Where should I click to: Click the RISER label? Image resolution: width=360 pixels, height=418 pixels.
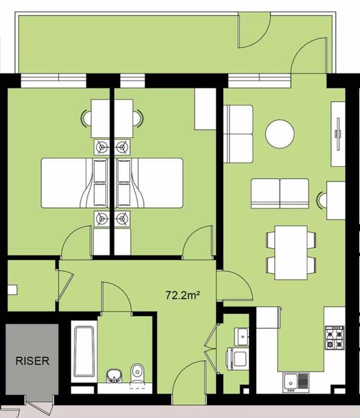[x=32, y=361]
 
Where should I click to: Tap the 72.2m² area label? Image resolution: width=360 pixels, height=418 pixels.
[x=183, y=295]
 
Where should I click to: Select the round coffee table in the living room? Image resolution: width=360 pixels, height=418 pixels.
[x=280, y=133]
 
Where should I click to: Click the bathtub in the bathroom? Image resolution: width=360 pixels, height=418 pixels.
[x=84, y=352]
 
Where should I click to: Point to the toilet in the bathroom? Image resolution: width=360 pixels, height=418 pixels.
[x=138, y=373]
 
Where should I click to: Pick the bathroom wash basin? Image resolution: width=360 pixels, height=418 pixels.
[x=115, y=376]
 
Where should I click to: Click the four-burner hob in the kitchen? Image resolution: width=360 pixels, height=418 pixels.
[x=334, y=337]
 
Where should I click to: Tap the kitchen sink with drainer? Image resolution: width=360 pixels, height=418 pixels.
[x=296, y=382]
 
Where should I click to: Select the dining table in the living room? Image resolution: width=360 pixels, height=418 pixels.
[x=291, y=253]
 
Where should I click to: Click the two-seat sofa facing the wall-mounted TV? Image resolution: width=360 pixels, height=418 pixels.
[x=280, y=194]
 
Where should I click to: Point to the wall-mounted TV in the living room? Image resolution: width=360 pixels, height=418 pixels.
[x=338, y=134]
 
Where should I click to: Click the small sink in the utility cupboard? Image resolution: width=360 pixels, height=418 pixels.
[x=242, y=336]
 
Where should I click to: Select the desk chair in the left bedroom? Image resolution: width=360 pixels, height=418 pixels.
[x=86, y=119]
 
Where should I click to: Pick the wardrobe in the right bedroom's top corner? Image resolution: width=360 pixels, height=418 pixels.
[x=205, y=109]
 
